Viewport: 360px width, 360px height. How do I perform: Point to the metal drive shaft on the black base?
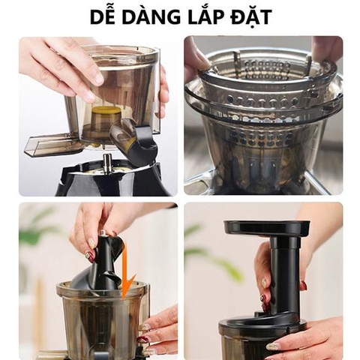pos(108,163)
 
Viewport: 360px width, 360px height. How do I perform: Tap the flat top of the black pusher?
pos(266,227)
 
